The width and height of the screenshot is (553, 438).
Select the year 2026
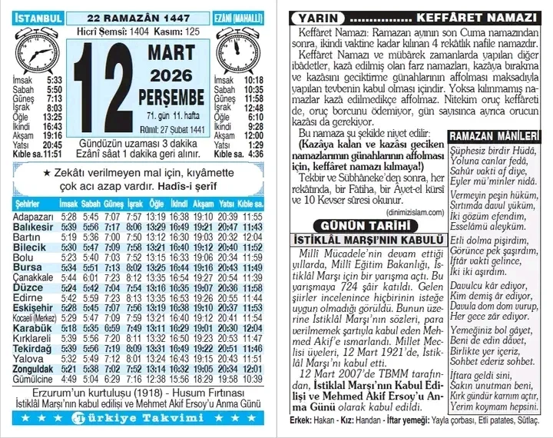click(172, 77)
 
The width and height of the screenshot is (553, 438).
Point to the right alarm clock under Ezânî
click(236, 52)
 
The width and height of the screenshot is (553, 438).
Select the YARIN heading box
click(315, 18)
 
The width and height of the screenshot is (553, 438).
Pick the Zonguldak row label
click(34, 369)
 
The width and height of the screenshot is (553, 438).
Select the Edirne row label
click(28, 297)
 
